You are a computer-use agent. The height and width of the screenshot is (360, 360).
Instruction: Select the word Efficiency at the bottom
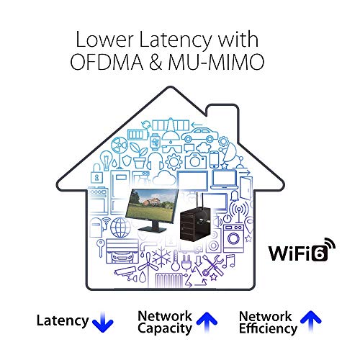pos(269,329)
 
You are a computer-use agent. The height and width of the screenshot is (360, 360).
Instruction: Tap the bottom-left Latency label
pos(63,322)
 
